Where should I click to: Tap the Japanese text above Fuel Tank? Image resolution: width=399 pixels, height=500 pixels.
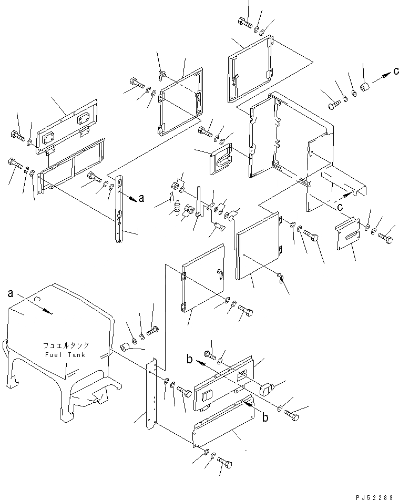[66, 345]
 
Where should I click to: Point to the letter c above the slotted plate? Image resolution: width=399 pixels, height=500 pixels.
[340, 208]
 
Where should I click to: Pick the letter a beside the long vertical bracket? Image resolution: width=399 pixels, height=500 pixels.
[140, 198]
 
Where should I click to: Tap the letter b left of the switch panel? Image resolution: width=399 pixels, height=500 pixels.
[190, 360]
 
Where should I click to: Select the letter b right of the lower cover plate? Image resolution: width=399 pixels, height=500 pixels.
[265, 419]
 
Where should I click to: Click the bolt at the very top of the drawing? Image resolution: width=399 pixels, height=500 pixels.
[246, 22]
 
